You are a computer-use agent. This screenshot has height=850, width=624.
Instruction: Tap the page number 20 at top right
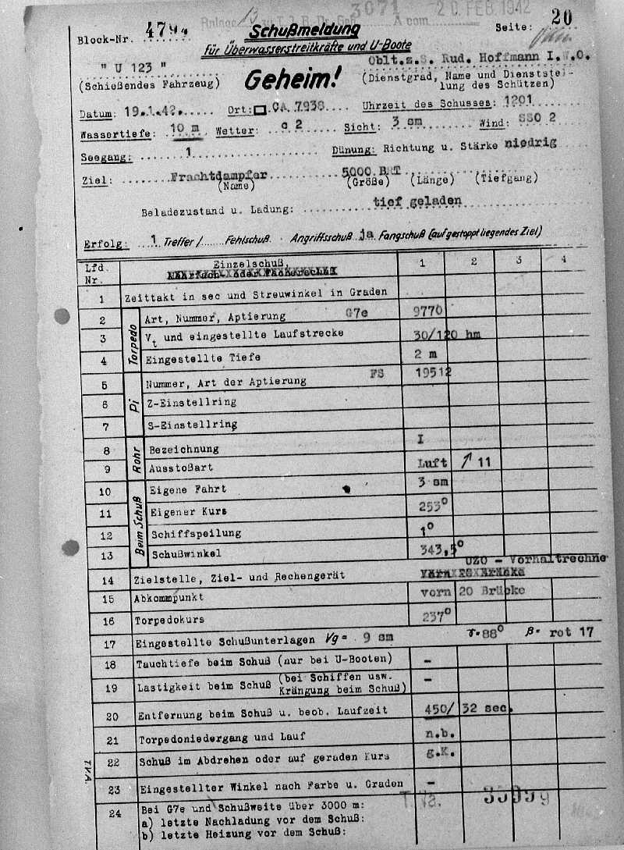pos(561,18)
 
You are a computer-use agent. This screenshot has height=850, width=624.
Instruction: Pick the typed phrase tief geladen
pos(417,201)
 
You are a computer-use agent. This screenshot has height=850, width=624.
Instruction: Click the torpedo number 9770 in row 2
pos(428,311)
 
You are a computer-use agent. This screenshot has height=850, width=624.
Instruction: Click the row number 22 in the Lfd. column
pos(114,761)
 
